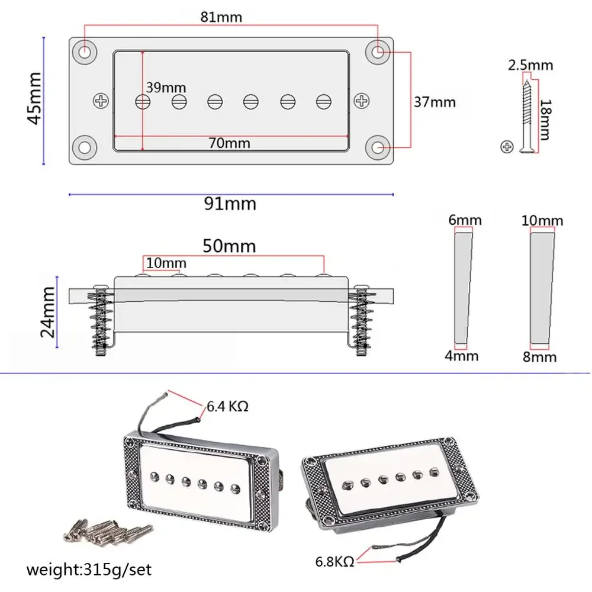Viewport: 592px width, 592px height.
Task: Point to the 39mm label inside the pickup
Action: click(x=166, y=88)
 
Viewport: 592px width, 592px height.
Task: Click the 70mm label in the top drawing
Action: click(x=229, y=143)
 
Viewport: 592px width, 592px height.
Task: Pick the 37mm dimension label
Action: click(x=435, y=102)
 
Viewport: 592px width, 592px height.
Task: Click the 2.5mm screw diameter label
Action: click(x=530, y=65)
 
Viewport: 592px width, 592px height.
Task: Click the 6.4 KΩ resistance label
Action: click(x=227, y=407)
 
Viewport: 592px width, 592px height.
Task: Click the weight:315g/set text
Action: click(x=89, y=571)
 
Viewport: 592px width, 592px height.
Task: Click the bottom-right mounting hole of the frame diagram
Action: click(x=378, y=146)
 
